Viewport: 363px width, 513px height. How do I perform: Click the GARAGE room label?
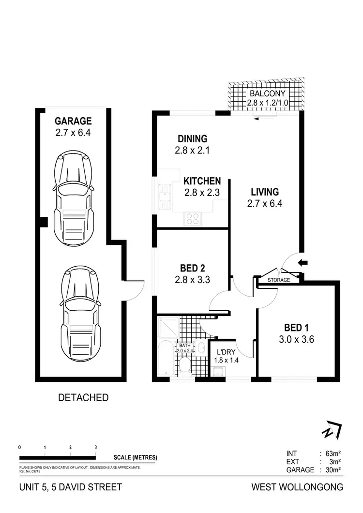click(73, 121)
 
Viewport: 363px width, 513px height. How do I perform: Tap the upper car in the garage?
click(73, 198)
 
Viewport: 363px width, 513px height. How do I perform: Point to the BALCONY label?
click(267, 93)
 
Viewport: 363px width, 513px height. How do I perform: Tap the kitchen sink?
click(165, 197)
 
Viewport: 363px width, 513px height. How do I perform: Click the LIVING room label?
click(264, 192)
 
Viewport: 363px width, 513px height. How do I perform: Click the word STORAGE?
click(279, 280)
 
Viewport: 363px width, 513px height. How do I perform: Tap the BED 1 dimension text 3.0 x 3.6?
click(297, 339)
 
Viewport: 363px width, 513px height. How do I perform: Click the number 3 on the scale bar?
click(96, 447)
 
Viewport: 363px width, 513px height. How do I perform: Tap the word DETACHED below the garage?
click(83, 398)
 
